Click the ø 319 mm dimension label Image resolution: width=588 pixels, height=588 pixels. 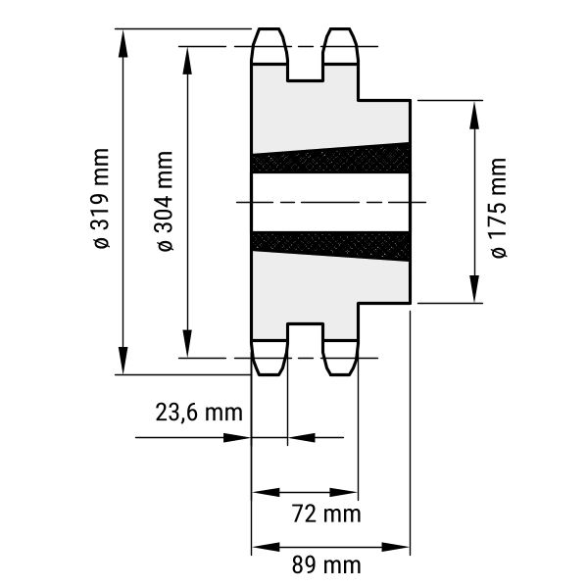[x=101, y=198]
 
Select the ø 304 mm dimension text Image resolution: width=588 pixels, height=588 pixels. [x=166, y=201]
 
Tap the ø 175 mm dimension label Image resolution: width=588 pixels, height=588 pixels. [x=499, y=208]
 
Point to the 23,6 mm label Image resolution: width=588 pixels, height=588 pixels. [x=199, y=413]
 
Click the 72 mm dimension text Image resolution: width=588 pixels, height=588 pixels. [x=326, y=514]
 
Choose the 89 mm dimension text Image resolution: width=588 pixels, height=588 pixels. [x=326, y=565]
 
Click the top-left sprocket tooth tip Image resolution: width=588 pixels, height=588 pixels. [x=269, y=28]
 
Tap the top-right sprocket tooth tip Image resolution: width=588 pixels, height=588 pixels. [x=340, y=28]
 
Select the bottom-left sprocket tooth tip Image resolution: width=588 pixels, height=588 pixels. [x=269, y=374]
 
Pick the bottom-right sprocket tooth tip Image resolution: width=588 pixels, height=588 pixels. [x=340, y=374]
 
